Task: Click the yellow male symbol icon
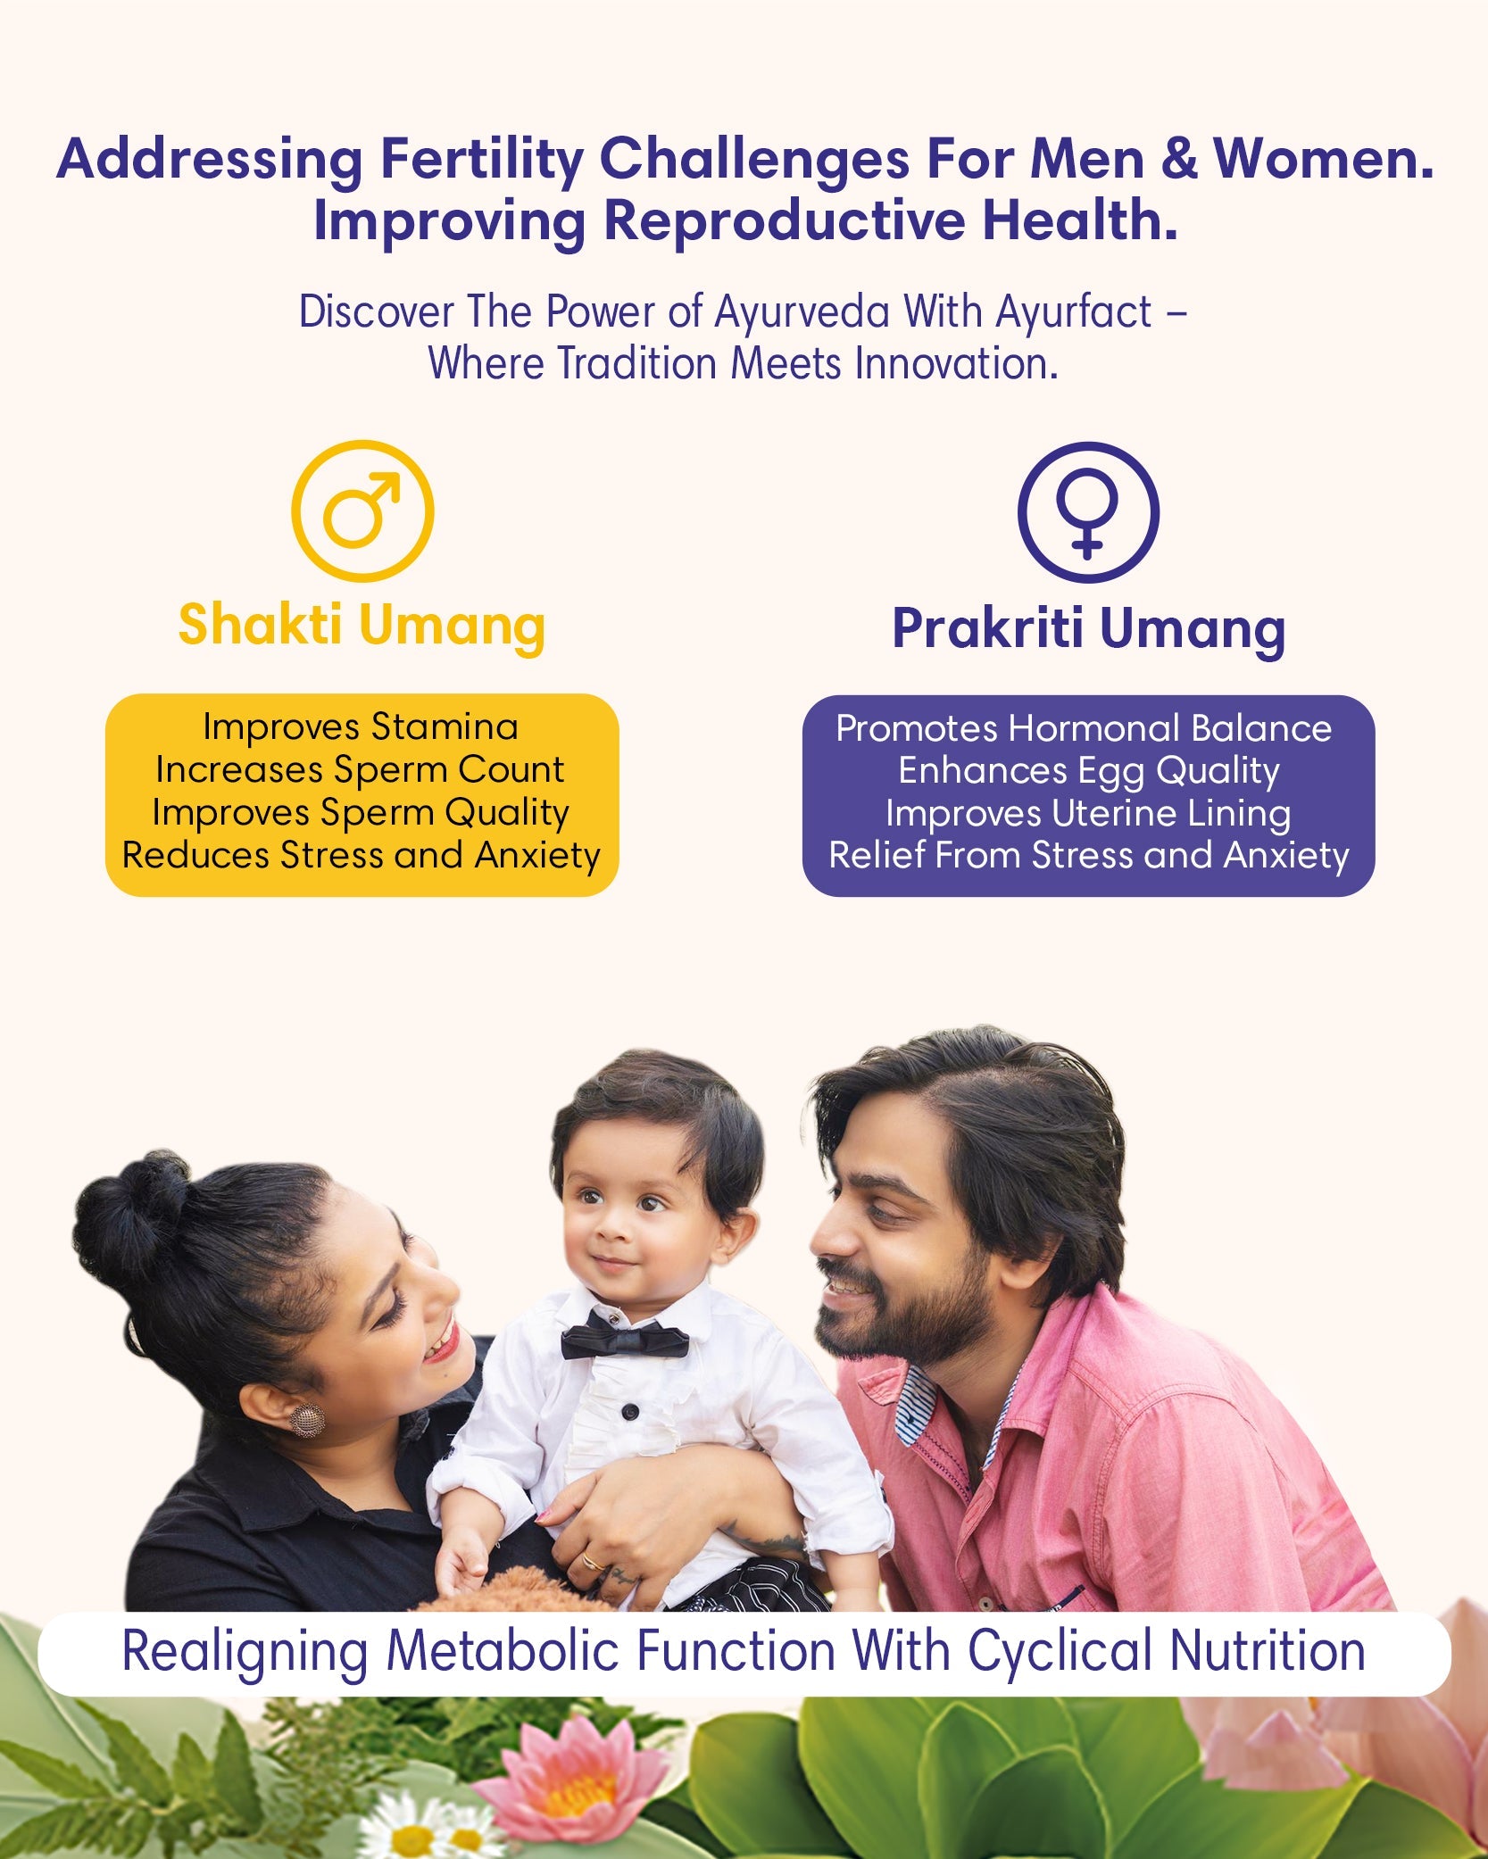362,511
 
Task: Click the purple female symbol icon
1088,512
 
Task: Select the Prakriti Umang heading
1089,629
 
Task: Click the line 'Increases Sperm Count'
360,769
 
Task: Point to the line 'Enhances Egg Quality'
1088,771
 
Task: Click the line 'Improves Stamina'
361,726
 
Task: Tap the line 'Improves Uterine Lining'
1088,813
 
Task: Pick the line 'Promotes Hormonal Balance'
1084,728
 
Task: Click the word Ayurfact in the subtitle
1074,312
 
